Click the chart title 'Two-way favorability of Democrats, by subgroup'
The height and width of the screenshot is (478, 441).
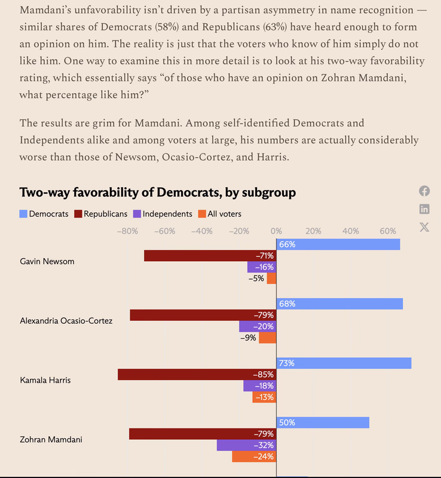tap(158, 192)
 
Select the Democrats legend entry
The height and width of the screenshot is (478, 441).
tap(44, 213)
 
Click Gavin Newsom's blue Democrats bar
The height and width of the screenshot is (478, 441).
tap(338, 244)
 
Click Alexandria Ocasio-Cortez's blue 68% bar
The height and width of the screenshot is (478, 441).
tap(339, 304)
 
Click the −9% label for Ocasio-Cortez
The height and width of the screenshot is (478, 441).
tap(248, 338)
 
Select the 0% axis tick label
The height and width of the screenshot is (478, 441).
tap(276, 231)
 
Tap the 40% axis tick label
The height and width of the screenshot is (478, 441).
tap(350, 231)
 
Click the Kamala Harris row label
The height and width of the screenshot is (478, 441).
tap(45, 380)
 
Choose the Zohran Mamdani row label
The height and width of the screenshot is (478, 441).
tap(51, 439)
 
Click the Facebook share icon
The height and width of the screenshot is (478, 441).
tap(424, 191)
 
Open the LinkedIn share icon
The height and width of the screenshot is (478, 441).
tap(424, 209)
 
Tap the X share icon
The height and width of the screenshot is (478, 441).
tap(424, 227)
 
